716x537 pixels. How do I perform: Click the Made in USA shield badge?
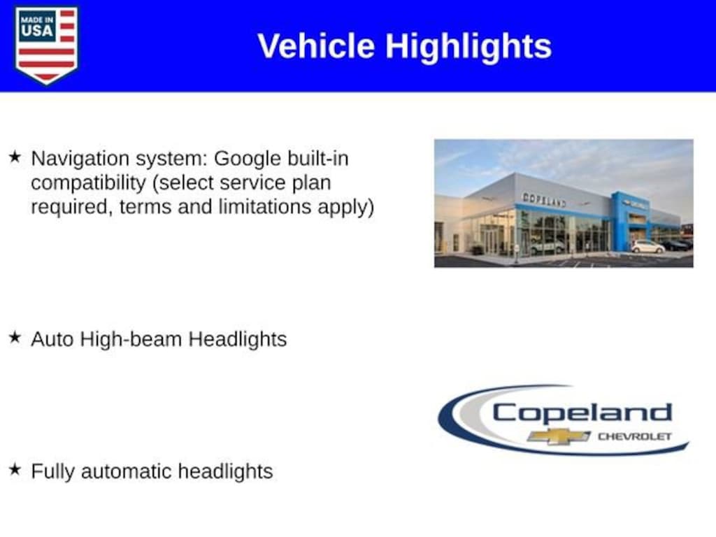point(46,45)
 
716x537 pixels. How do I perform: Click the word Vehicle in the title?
point(316,45)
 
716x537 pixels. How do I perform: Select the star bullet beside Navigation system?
point(15,157)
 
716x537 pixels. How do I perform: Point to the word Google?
point(247,159)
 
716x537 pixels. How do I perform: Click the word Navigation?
point(80,159)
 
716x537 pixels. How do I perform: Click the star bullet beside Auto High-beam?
point(15,338)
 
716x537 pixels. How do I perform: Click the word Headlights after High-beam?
point(238,340)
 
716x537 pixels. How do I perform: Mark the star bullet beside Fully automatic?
point(15,469)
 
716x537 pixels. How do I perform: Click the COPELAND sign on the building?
point(544,199)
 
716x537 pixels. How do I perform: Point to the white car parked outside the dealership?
point(647,247)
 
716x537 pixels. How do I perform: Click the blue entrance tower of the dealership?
point(631,222)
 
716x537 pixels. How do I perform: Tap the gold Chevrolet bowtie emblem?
point(559,436)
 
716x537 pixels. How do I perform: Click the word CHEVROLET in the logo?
point(635,436)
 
